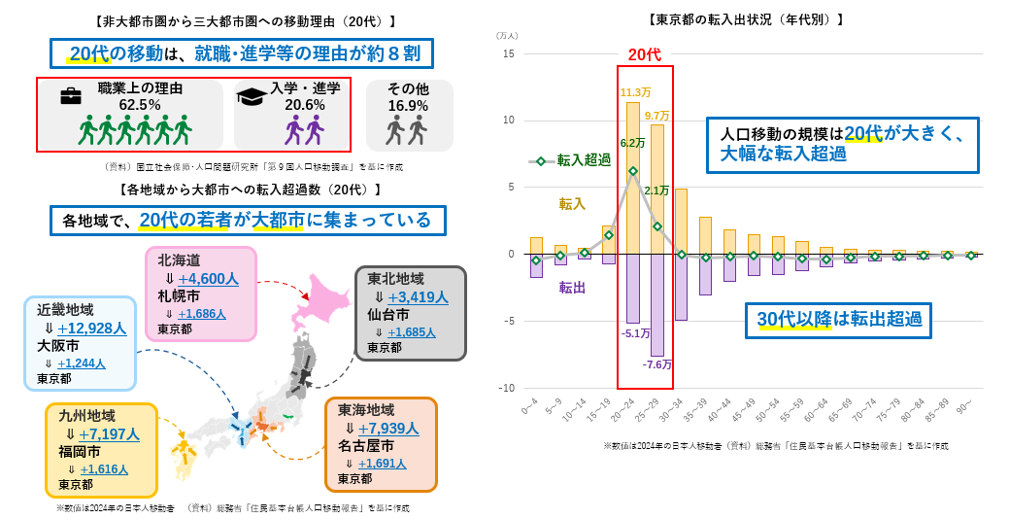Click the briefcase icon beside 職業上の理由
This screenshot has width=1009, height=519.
pos(70,96)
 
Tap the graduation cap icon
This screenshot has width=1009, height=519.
pos(252,95)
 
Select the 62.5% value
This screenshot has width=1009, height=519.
pos(139,104)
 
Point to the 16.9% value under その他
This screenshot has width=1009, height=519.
pos(408,105)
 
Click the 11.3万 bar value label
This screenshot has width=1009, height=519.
pos(632,93)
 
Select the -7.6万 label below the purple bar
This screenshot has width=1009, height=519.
pos(657,364)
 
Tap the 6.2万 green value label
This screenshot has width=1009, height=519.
pos(631,143)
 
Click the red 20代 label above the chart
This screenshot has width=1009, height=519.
pos(644,55)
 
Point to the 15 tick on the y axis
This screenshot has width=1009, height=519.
pos(508,53)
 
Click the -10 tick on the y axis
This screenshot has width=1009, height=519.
pos(506,389)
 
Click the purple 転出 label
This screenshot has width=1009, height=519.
pos(571,287)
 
